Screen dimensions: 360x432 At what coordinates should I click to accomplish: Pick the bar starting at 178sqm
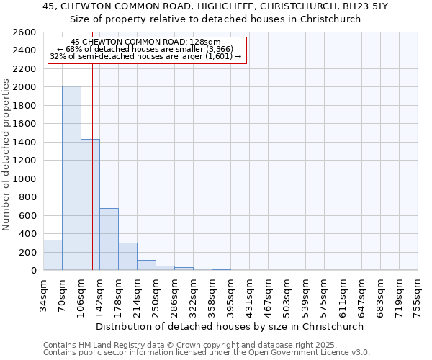127,256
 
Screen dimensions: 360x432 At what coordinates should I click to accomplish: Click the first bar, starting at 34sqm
53,255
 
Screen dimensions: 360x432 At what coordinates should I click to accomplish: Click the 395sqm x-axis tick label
230,294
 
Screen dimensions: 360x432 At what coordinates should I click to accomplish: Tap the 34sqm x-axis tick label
43,294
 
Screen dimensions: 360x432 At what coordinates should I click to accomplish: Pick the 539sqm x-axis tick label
305,294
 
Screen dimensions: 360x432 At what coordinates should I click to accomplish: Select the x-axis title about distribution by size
230,326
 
